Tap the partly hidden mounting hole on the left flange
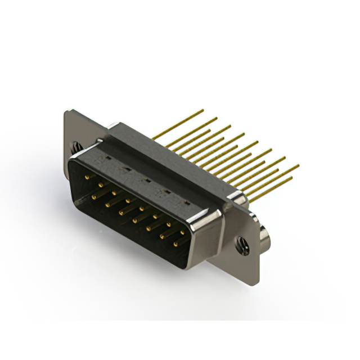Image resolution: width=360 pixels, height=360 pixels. pyautogui.click(x=75, y=147)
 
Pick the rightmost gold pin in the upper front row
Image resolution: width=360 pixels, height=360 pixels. pyautogui.click(x=183, y=231)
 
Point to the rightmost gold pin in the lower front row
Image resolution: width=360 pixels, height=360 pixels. pyautogui.click(x=176, y=244)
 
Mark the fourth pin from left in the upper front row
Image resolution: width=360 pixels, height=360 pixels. pyautogui.click(x=129, y=200)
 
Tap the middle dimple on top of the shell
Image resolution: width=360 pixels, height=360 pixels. pyautogui.click(x=146, y=181)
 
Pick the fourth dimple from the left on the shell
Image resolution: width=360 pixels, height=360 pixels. pyautogui.click(x=165, y=191)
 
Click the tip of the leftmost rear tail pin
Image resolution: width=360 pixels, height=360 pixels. pyautogui.click(x=203, y=110)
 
